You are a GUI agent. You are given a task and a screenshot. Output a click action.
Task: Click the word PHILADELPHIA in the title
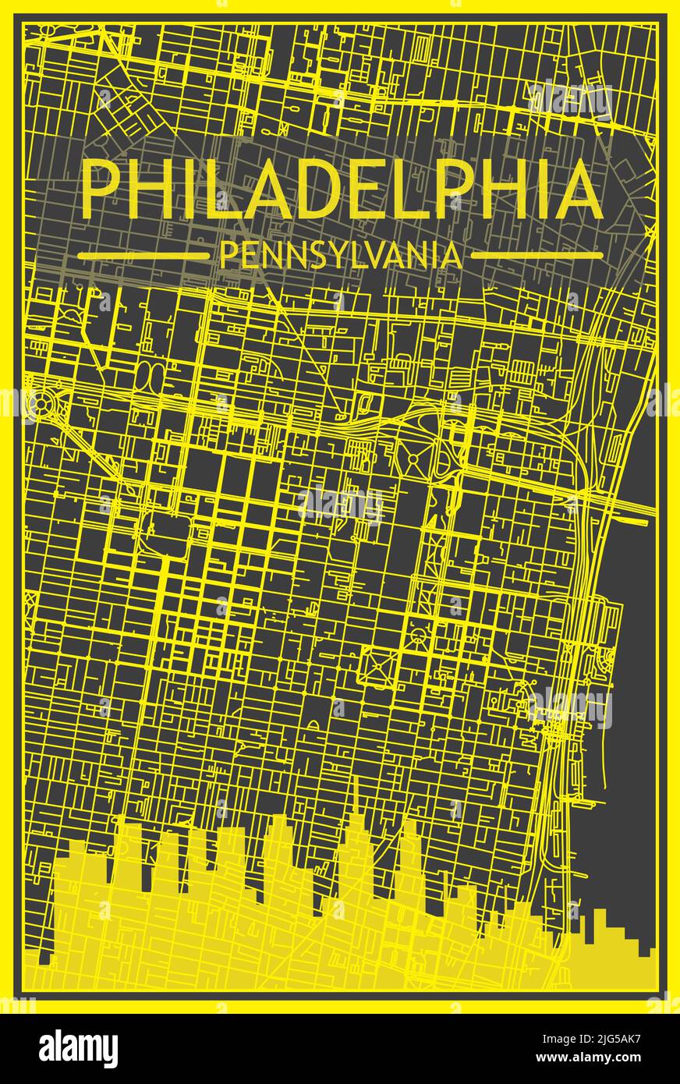coord(342,190)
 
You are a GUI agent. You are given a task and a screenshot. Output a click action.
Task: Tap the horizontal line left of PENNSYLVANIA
coord(144,255)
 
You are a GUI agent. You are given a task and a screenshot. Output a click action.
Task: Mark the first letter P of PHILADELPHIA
coord(98,190)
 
